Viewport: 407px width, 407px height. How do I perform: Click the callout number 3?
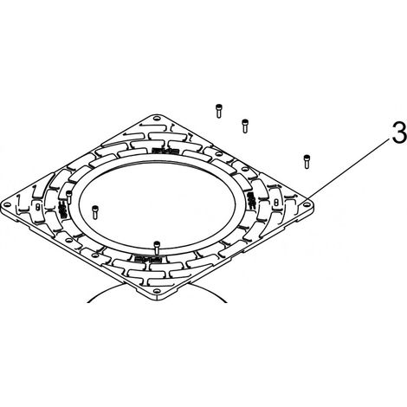(399, 132)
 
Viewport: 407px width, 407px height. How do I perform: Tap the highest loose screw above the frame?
(218, 111)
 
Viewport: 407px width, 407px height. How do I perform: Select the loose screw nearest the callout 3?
(307, 162)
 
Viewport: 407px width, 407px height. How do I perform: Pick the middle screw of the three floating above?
(245, 126)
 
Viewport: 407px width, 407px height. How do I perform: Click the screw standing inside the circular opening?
(95, 212)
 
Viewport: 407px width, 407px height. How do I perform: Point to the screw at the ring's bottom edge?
(157, 248)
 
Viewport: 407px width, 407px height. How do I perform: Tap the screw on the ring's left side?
(68, 197)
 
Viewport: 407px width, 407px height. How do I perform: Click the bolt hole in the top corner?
(157, 119)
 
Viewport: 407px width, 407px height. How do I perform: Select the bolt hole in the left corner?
(7, 205)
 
